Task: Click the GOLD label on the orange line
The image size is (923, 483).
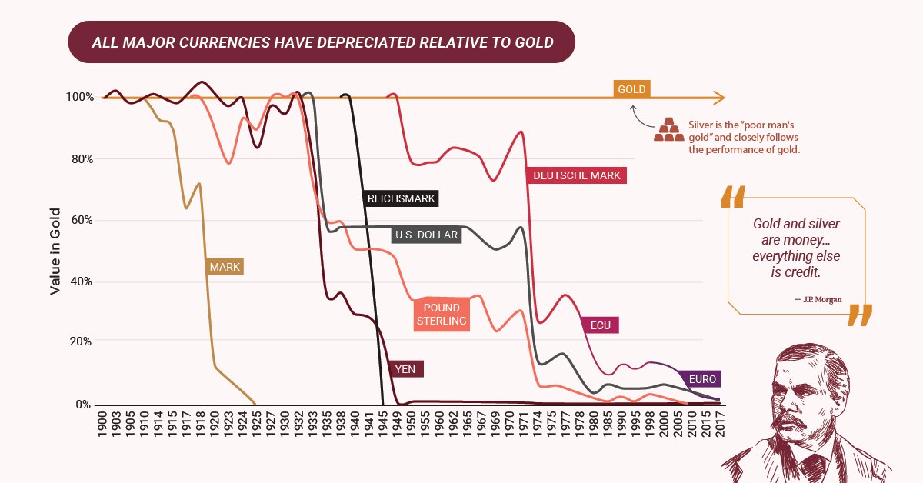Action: pos(631,88)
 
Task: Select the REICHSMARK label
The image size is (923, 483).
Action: pos(401,198)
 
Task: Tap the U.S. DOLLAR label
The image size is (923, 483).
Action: pos(426,235)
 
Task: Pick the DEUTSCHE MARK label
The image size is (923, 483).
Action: pos(577,175)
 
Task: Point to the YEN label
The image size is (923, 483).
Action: pos(405,369)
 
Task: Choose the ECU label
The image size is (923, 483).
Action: pos(601,325)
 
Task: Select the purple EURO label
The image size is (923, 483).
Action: pos(702,379)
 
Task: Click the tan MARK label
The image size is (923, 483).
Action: pos(225,268)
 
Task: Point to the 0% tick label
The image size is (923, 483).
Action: pos(82,405)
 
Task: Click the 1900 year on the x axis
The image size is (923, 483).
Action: pos(102,424)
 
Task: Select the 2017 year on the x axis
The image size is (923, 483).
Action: pos(720,424)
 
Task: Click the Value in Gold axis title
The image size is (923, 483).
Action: pos(55,250)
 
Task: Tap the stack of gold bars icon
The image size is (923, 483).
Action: pos(668,130)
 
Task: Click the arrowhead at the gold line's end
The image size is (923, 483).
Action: pos(719,98)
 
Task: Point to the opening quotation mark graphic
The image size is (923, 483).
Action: pos(733,196)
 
